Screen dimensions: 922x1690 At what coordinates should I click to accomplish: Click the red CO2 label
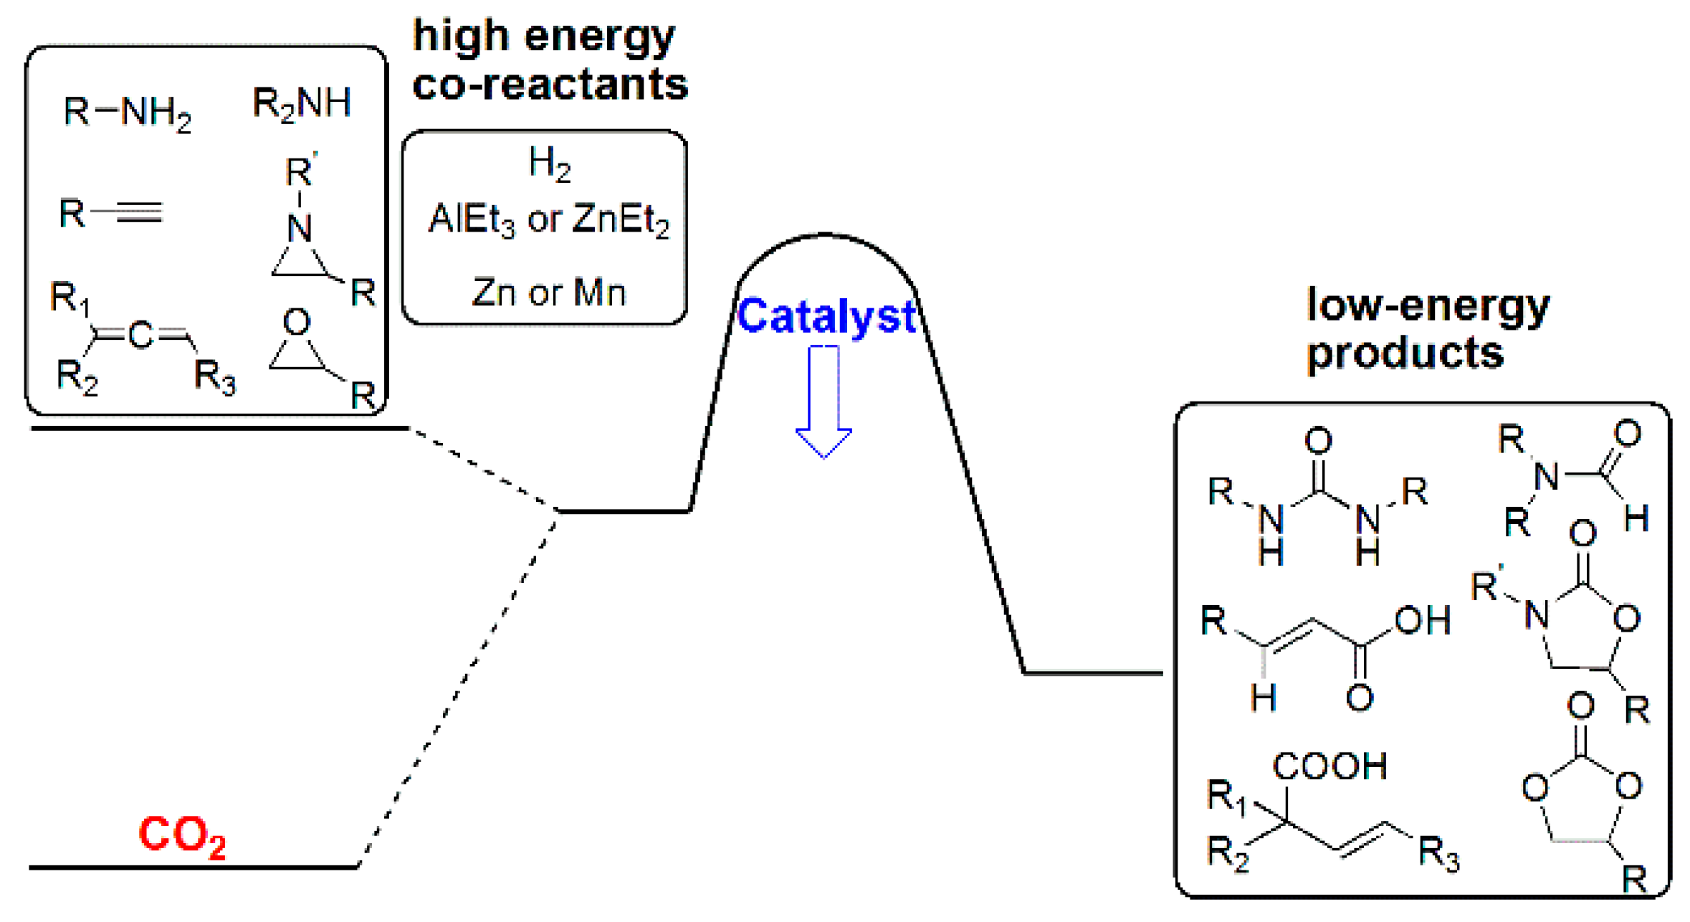tap(181, 836)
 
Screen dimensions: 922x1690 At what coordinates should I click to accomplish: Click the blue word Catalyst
tap(826, 316)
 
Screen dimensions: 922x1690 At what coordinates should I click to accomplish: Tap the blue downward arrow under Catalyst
tap(823, 401)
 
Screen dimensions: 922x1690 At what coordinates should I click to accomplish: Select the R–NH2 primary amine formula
tap(127, 113)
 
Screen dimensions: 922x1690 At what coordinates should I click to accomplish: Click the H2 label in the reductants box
tap(549, 163)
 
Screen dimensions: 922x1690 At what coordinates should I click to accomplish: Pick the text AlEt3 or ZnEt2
tap(548, 219)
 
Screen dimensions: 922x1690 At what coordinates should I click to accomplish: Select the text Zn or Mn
tap(548, 293)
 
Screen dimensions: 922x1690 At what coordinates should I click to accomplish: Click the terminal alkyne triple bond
tap(138, 212)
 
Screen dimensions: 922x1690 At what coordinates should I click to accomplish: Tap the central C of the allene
tap(140, 335)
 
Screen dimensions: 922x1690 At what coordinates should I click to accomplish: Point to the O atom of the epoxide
tap(296, 322)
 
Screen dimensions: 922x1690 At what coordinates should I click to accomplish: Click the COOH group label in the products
tap(1329, 766)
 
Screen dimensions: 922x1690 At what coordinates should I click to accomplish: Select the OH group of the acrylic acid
tap(1422, 621)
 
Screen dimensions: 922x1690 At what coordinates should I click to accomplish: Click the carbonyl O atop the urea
tap(1318, 441)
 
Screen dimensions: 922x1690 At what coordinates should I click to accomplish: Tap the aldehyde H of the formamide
tap(1636, 518)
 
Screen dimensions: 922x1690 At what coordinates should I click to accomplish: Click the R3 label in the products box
tap(1438, 854)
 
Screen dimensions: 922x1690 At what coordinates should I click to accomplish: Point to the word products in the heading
tap(1405, 353)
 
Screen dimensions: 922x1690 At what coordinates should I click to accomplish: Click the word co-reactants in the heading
tap(550, 85)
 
